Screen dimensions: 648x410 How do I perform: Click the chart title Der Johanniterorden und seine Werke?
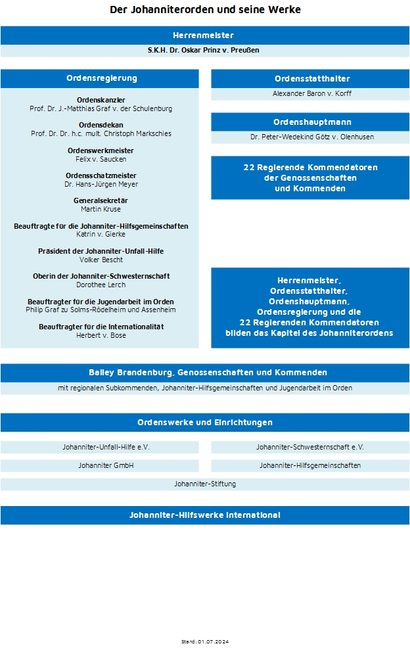[205, 10]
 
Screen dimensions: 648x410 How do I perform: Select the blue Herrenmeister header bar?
[205, 35]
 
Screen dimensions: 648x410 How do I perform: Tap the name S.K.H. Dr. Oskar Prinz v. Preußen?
[205, 51]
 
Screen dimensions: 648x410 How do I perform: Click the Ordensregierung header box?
[100, 78]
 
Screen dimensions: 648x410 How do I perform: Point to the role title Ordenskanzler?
[101, 100]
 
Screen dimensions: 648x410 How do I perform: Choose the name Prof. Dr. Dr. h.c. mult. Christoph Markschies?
[101, 133]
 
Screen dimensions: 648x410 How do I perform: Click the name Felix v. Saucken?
[101, 159]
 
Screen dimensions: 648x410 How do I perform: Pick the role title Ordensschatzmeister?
[101, 175]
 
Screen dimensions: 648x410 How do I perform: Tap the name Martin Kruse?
[101, 209]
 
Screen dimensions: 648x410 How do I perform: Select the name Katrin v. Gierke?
[101, 234]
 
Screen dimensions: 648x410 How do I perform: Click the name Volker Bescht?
[101, 260]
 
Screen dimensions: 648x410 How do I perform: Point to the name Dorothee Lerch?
[101, 285]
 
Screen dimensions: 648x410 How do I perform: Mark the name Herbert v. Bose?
[101, 335]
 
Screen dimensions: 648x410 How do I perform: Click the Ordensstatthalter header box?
[310, 79]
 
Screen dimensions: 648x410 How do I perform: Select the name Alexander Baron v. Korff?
[310, 94]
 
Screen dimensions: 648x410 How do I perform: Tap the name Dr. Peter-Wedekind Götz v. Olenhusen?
[310, 137]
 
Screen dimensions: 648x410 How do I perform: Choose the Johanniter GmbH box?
[100, 466]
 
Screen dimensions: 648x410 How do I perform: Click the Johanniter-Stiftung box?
[205, 484]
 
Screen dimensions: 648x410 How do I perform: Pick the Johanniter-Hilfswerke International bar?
[205, 515]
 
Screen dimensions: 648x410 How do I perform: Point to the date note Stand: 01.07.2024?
[205, 641]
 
